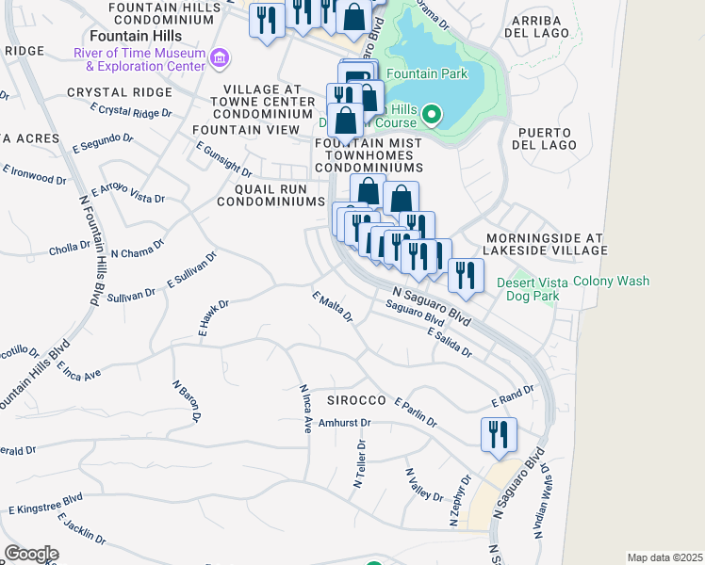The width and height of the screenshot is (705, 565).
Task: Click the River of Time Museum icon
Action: (220, 59)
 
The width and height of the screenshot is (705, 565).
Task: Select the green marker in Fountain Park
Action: (432, 116)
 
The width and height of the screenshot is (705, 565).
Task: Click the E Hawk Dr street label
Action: (214, 318)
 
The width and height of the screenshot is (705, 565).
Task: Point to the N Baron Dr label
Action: (188, 401)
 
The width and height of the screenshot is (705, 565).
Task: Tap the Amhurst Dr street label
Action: (338, 423)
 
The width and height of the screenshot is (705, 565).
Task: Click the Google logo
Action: (31, 553)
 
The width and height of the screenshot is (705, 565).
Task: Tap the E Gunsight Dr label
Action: (223, 160)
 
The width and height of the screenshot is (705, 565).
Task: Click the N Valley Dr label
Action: (424, 484)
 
